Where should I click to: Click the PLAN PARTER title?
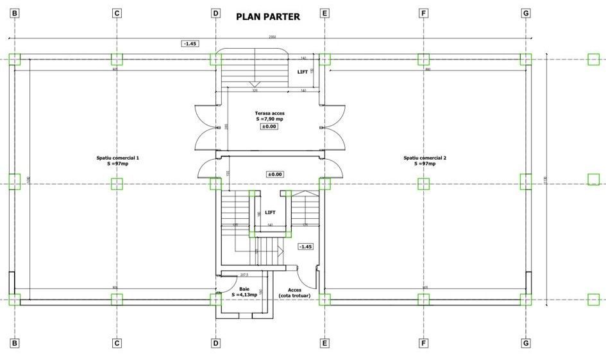[268, 17]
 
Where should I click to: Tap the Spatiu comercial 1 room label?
[117, 157]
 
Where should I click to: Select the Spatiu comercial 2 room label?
[425, 157]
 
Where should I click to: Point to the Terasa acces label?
[269, 112]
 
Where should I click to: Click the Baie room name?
[244, 289]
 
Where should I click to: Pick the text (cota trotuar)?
[294, 295]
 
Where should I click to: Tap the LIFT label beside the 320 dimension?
[302, 72]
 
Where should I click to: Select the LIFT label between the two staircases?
[270, 212]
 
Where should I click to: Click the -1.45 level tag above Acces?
[305, 246]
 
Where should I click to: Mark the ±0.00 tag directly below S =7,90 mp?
[268, 126]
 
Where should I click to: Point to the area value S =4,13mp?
[244, 295]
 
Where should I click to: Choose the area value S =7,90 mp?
[269, 119]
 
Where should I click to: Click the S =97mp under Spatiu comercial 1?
[117, 164]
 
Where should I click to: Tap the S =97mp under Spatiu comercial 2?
[425, 164]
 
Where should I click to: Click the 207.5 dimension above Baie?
[244, 275]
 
